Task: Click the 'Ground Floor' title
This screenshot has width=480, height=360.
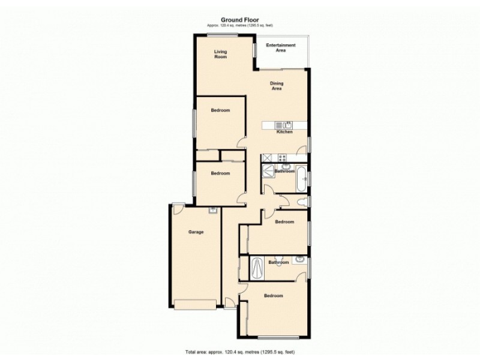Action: (239, 19)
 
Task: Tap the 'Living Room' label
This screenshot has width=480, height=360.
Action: (221, 54)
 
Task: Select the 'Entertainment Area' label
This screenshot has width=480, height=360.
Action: (280, 48)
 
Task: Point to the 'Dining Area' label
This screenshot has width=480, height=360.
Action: (277, 85)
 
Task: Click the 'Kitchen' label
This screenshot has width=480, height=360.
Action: (284, 132)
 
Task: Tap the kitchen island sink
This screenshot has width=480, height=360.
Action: (287, 125)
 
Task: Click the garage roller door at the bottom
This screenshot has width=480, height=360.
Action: (195, 304)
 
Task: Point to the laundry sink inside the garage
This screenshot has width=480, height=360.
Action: (212, 210)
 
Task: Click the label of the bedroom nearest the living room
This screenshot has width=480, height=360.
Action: (220, 110)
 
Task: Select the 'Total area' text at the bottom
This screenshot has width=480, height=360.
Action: (239, 352)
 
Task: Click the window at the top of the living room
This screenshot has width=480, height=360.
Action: (222, 35)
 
